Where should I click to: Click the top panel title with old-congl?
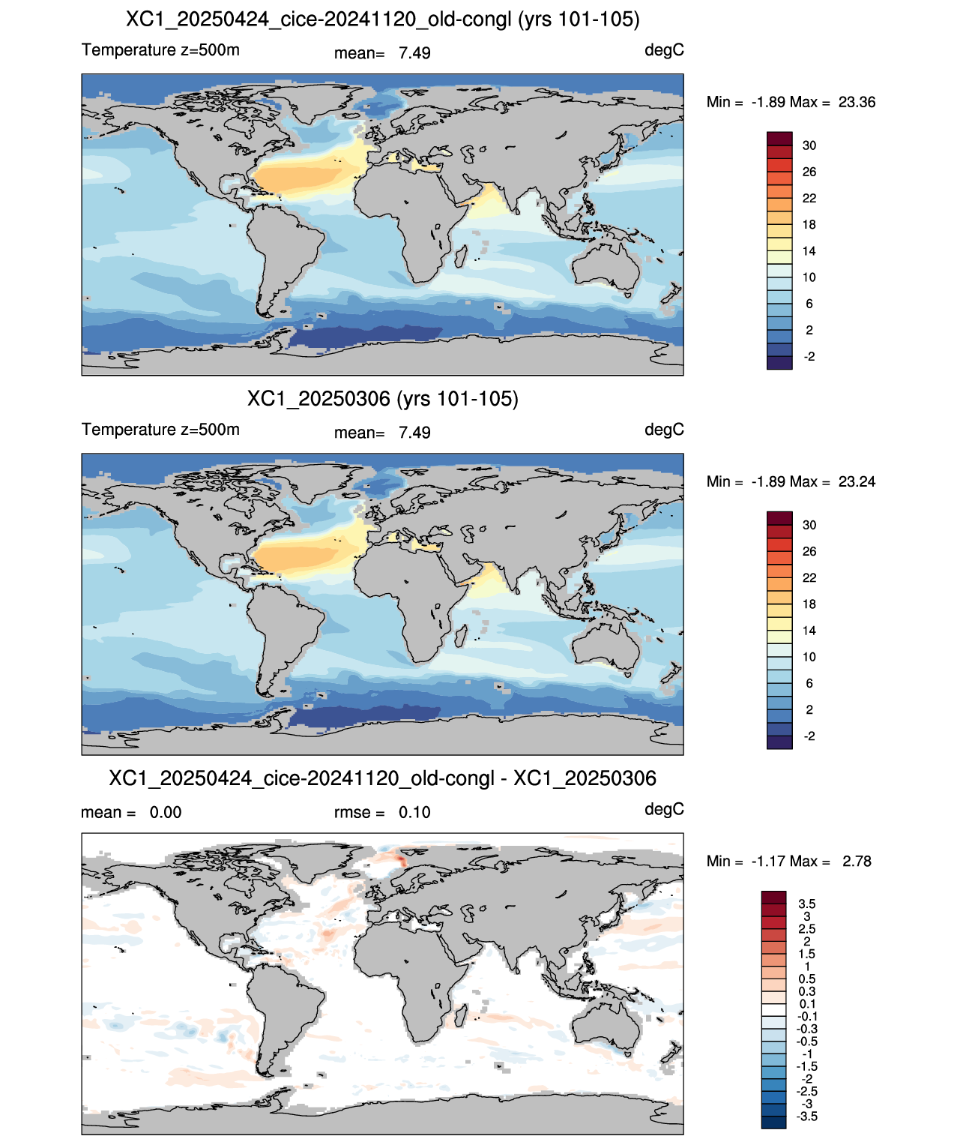[383, 19]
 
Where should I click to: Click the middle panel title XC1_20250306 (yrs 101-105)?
[383, 399]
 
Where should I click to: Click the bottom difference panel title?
[383, 778]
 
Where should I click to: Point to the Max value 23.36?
[857, 102]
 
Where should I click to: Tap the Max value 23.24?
[857, 481]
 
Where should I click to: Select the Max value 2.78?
[857, 862]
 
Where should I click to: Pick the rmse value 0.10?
[414, 812]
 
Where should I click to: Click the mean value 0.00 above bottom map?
[165, 812]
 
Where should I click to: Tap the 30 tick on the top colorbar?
[809, 145]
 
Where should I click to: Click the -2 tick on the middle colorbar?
[809, 736]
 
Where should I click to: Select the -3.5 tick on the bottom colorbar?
[807, 1117]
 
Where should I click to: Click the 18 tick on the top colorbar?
[809, 225]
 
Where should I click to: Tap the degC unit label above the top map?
[664, 51]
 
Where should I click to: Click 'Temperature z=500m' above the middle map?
[161, 430]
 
